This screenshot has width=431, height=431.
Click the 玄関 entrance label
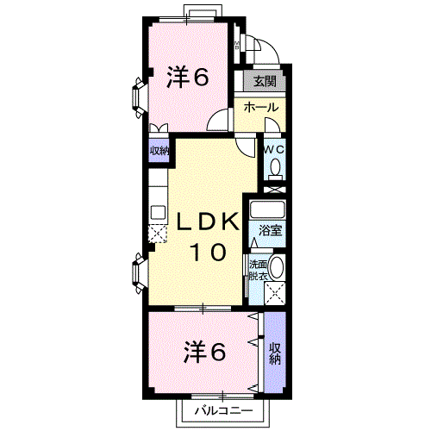pos(265,81)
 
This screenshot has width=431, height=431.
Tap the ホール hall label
pos(261,108)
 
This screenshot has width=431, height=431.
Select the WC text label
pos(274,149)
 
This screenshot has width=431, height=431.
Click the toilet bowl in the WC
pos(276,167)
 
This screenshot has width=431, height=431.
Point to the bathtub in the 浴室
pos(267,209)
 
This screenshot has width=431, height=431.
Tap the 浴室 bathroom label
pos(270,230)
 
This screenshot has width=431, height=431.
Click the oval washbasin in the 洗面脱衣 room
pos(277,267)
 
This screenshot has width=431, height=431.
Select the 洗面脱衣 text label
pos(258,270)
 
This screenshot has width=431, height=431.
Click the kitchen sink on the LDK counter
pos(158,213)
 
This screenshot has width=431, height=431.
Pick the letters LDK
pos(208,222)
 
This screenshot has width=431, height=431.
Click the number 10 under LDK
pos(208,252)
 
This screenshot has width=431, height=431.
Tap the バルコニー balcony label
pos(224,410)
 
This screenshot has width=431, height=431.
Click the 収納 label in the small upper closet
pos(159,150)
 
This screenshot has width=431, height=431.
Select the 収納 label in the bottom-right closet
pos(275,353)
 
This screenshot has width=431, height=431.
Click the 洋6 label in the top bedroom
pos(187,77)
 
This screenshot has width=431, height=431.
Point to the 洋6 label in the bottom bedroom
pos(204,352)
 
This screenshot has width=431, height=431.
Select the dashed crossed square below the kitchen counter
pos(158,234)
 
